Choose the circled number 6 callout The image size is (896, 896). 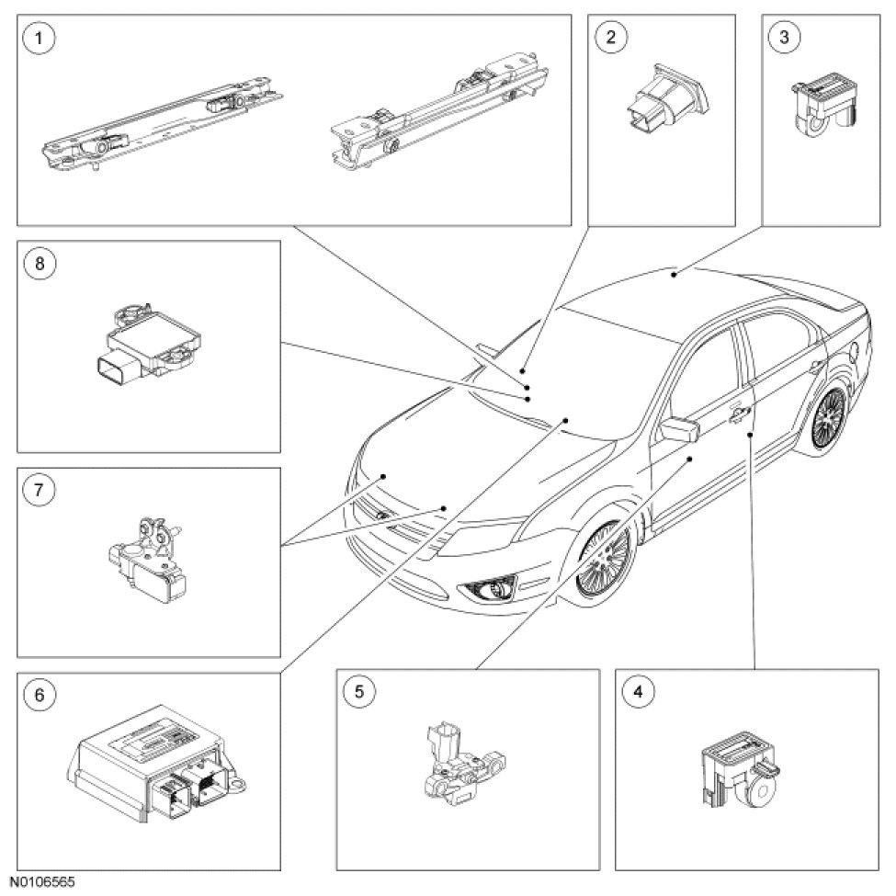pyautogui.click(x=39, y=695)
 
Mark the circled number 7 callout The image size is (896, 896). pyautogui.click(x=39, y=490)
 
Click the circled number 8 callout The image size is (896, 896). pyautogui.click(x=39, y=264)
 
